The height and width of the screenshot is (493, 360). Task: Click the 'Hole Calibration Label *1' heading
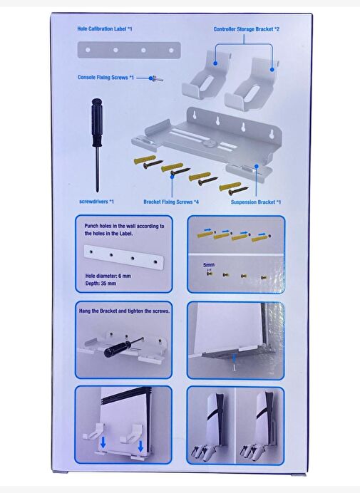105,29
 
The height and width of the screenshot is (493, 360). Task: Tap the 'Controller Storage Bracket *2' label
247,29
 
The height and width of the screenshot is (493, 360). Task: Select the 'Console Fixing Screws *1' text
106,78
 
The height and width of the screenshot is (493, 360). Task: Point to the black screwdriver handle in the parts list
96,122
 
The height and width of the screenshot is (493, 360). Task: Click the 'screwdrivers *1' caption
97,202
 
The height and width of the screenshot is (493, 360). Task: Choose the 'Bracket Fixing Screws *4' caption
171,202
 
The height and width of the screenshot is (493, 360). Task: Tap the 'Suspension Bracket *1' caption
256,202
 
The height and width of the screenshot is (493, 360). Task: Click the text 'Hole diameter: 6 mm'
108,276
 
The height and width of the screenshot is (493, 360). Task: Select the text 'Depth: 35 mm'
101,284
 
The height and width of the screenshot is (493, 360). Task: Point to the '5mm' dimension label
209,265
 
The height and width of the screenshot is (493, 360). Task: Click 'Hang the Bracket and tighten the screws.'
124,311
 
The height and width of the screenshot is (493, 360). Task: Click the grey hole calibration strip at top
129,50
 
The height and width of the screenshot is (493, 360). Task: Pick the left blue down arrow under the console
103,443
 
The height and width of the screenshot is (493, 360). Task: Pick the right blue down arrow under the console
140,446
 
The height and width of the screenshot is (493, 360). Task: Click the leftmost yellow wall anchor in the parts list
145,160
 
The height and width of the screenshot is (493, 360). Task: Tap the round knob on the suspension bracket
207,143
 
